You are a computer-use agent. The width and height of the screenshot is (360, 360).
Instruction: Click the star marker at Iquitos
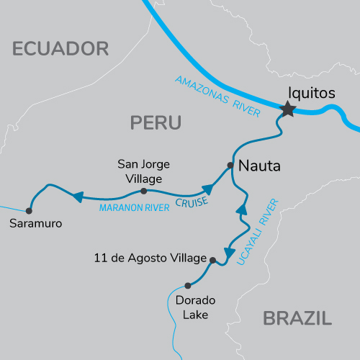(288, 109)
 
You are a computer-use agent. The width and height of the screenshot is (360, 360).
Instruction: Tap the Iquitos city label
(310, 93)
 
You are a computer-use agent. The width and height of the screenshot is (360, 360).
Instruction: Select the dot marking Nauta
(230, 165)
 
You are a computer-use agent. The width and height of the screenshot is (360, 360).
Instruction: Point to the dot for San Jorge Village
(143, 191)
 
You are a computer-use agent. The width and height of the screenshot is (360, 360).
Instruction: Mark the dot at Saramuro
(29, 211)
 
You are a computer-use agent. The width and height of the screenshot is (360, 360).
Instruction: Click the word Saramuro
(36, 224)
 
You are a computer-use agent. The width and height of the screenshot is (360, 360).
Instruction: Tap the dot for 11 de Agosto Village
(212, 258)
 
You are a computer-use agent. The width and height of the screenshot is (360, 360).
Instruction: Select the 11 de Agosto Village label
(150, 257)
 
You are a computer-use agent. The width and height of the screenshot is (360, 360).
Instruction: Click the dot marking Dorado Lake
(188, 284)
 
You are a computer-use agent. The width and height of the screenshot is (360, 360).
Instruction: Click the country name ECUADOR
(60, 49)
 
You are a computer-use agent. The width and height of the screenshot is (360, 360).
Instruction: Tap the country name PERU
(155, 122)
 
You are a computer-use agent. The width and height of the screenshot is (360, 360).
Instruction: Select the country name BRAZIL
(297, 318)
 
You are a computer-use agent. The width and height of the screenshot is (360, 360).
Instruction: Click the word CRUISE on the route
(192, 202)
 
